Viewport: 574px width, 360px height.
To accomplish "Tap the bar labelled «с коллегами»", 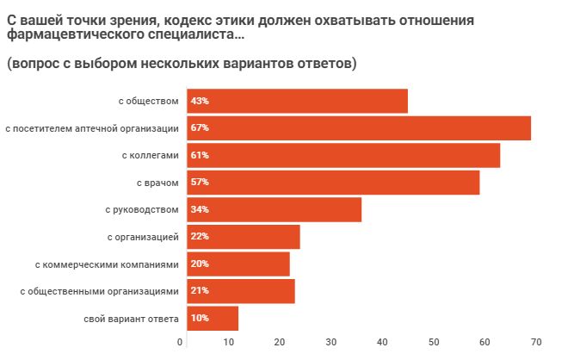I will click(x=341, y=155).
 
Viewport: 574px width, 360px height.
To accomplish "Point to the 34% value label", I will click(x=200, y=209).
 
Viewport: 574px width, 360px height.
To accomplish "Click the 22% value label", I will click(x=200, y=237).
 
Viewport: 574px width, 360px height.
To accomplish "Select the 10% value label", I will click(x=200, y=319).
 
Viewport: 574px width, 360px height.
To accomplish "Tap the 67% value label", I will click(x=200, y=128).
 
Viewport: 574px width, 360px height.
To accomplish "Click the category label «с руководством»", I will click(x=142, y=209).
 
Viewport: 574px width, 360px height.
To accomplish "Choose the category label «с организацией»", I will click(x=142, y=237).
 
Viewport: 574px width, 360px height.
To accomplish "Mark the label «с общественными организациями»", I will click(x=99, y=291).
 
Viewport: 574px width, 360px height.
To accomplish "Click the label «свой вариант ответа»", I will click(x=131, y=319).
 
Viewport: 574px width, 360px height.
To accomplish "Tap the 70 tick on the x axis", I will click(x=535, y=343).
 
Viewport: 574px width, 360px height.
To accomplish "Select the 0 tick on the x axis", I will click(x=181, y=343).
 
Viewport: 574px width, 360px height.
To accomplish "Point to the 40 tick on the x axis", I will click(x=383, y=343).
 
